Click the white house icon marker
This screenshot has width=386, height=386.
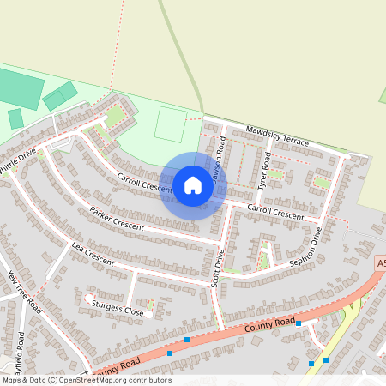[x=192, y=185]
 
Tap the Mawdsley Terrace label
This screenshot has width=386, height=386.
[x=277, y=134]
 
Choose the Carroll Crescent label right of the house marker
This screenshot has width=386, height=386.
[x=275, y=212]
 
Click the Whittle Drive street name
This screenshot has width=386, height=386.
[x=17, y=161]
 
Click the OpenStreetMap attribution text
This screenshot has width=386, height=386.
[x=86, y=380]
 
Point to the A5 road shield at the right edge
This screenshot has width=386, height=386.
[x=380, y=265]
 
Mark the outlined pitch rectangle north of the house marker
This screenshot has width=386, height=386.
[x=171, y=125]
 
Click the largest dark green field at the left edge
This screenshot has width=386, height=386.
[x=19, y=89]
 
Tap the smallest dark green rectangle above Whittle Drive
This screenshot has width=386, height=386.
[x=15, y=118]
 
